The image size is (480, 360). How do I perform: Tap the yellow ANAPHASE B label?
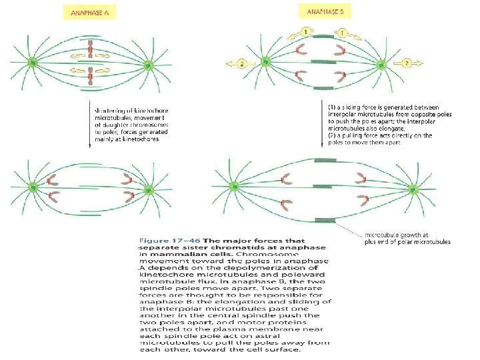(325, 12)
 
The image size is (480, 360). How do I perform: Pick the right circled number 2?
(406, 63)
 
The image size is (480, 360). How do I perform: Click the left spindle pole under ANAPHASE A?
(32, 64)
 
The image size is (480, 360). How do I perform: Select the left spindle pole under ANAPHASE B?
(266, 62)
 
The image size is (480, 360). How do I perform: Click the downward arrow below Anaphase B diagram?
(321, 127)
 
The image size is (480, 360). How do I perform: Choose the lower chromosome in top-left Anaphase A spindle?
(91, 79)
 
